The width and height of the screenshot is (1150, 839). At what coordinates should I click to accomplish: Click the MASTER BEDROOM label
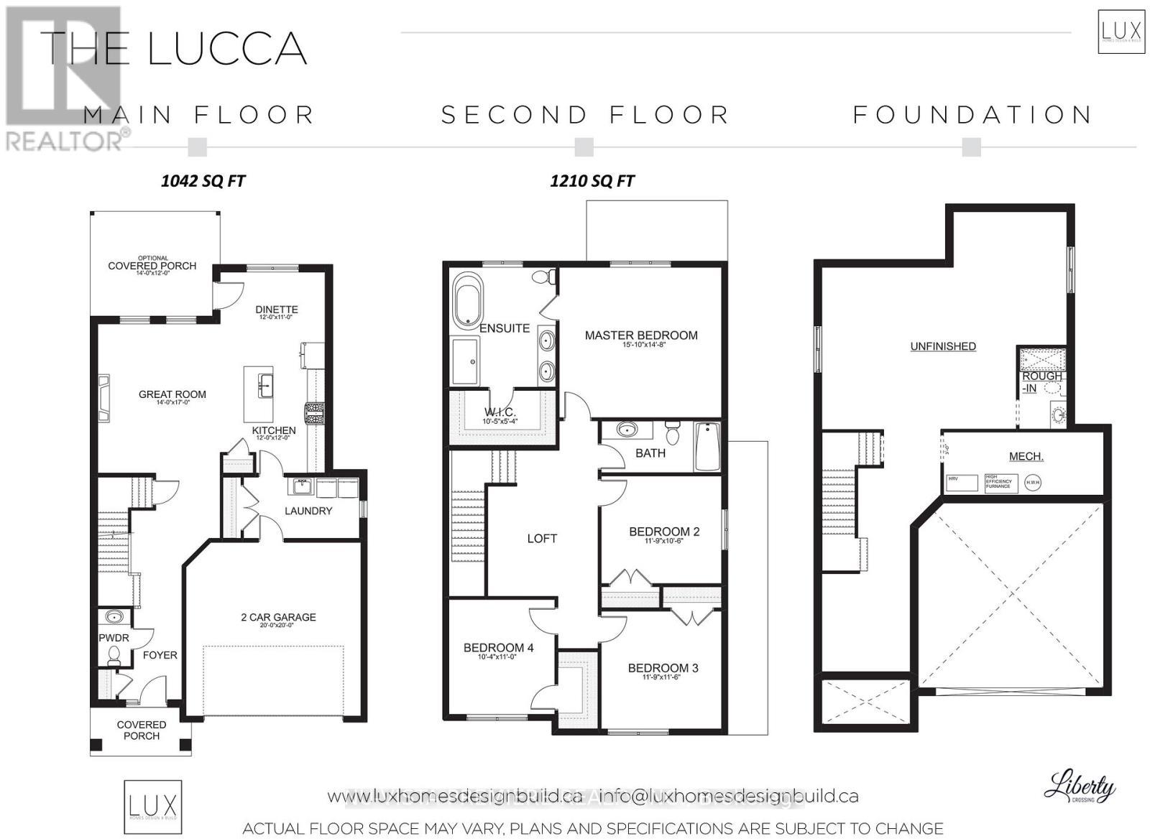pos(640,335)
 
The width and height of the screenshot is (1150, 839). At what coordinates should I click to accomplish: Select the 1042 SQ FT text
pos(203,181)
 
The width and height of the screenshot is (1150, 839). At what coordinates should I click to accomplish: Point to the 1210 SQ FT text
pos(592,181)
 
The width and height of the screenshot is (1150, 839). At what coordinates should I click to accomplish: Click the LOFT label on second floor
pos(542,539)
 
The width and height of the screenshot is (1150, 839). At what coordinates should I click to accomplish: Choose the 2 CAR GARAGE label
pos(278,617)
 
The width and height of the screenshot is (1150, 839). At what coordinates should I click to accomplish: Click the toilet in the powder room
pos(113,654)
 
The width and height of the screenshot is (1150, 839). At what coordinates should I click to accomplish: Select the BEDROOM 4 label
pos(498,648)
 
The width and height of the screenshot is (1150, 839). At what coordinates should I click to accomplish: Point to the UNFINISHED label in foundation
pos(943,346)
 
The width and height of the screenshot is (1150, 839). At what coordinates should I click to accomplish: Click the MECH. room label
pos(1026,457)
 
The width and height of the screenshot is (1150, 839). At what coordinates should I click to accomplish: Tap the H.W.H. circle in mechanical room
pos(1033,483)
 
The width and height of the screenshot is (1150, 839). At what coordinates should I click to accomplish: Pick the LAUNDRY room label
pos(308,511)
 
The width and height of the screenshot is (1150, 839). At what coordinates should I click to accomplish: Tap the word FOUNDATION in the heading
pos(972,115)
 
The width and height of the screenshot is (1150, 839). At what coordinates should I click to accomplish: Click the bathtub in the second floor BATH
pos(707,447)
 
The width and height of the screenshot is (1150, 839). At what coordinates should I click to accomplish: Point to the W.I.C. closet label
pos(500,412)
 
